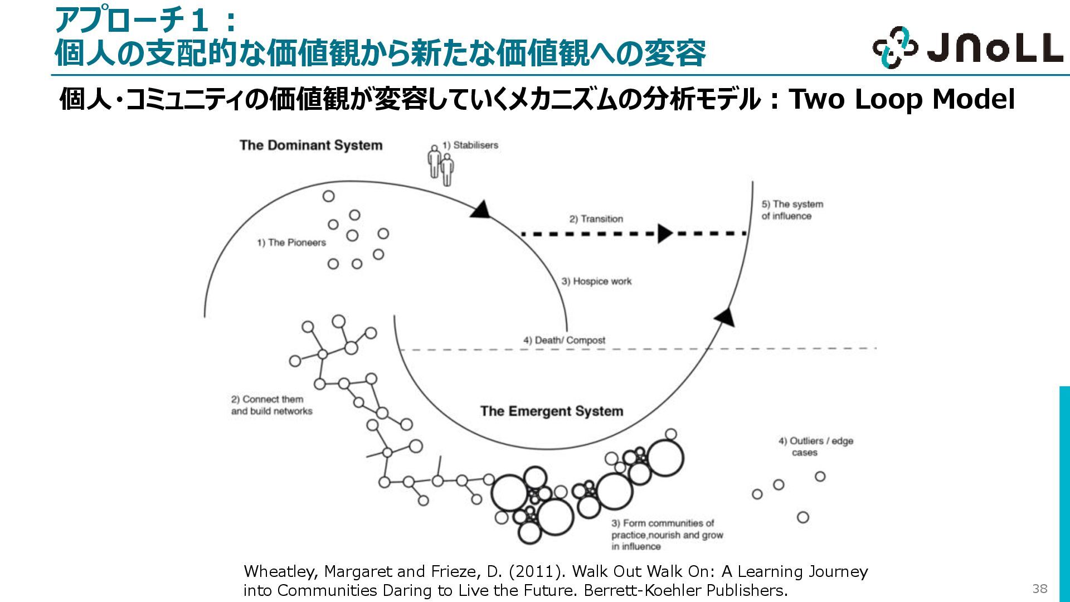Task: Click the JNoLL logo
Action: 967,47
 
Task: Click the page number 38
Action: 1039,589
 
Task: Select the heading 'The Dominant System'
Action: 311,145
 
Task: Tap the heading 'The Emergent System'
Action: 552,411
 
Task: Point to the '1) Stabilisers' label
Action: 470,145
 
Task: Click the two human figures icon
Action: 440,166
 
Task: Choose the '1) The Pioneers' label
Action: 291,242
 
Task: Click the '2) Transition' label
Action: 596,219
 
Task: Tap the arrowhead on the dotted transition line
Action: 664,234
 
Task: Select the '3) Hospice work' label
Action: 596,281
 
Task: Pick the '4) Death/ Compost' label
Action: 564,340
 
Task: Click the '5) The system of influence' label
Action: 792,210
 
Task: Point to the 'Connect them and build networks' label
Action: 271,405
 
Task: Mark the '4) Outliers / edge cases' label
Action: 816,446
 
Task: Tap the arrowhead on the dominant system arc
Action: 481,210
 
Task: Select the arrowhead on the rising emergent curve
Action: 725,317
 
